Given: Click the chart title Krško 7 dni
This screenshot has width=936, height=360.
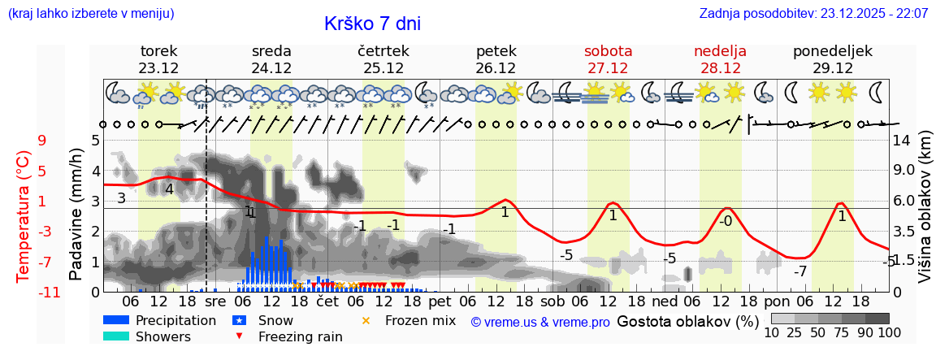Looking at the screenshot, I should click(372, 24).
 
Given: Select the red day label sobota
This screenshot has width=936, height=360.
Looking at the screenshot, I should click(608, 51).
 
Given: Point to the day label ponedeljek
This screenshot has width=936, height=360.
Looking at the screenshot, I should click(833, 51).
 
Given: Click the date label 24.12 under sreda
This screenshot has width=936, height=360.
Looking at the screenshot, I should click(271, 68).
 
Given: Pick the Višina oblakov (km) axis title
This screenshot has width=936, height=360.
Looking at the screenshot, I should click(925, 216).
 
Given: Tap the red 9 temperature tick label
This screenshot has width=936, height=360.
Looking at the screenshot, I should click(41, 141).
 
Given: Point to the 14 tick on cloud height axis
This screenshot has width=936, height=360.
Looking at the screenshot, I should click(903, 141).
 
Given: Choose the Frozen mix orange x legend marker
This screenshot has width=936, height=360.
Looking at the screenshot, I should click(366, 320).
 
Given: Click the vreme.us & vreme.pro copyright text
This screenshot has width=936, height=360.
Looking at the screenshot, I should click(539, 322).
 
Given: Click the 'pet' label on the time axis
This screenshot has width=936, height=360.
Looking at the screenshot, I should click(440, 301).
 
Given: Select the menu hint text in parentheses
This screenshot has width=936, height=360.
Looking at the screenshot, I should click(90, 14).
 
